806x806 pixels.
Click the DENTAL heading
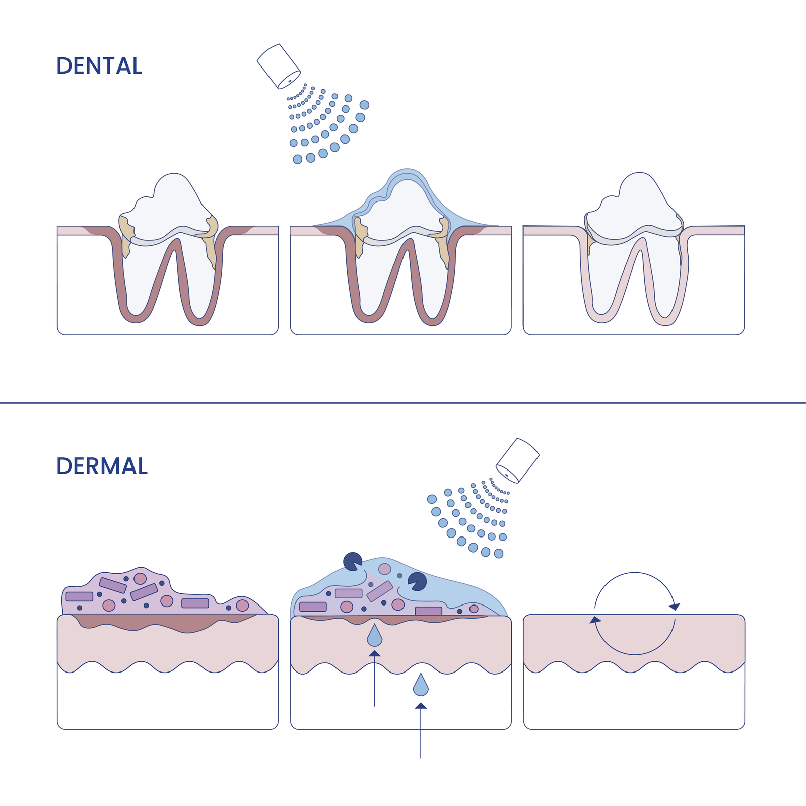[x=99, y=66]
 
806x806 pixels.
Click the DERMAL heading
[x=102, y=466]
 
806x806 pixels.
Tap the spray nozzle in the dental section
[x=279, y=66]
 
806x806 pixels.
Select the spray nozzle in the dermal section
[x=518, y=460]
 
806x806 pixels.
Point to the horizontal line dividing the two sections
[x=403, y=403]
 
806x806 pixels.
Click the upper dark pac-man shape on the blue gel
[x=352, y=561]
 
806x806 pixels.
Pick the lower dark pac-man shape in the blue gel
[x=417, y=581]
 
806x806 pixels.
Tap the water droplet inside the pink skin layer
[x=374, y=636]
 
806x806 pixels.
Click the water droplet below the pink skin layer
[x=421, y=686]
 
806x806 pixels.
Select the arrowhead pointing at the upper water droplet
[x=374, y=654]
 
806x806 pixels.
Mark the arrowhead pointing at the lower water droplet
[x=421, y=706]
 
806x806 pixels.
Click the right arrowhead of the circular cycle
[x=674, y=606]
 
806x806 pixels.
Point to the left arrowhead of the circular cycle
[x=596, y=620]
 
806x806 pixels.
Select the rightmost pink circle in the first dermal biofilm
[x=242, y=605]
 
